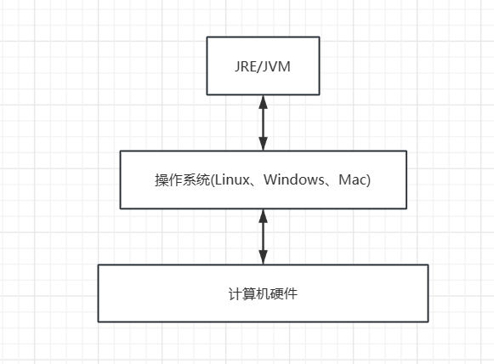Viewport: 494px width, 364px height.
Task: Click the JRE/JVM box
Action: pos(263,65)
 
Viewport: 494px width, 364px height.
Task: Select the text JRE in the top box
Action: pos(246,67)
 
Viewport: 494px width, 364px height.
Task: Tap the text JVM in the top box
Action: pos(276,67)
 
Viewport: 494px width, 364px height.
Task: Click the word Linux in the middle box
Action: pos(232,179)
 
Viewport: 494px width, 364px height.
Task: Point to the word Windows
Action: pos(294,179)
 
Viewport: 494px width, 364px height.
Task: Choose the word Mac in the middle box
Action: pos(351,179)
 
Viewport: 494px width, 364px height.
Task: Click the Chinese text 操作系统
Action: pos(182,180)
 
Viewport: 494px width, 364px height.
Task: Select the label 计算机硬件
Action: pos(263,293)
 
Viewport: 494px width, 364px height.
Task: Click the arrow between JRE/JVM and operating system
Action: pos(263,123)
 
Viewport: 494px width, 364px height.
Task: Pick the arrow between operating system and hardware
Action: pos(263,236)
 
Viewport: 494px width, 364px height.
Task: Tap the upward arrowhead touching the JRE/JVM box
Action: pos(263,102)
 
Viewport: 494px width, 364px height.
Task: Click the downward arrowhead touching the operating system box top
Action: pos(263,144)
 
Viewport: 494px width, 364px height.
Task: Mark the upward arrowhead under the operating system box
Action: pos(263,216)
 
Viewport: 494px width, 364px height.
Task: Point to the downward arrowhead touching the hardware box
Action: pos(263,258)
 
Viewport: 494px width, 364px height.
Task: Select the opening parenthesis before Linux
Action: pos(213,180)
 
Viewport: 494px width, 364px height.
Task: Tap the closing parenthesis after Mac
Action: pos(367,180)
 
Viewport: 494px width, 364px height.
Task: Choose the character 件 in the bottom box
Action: pos(291,293)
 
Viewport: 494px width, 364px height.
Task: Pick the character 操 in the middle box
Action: pos(162,180)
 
